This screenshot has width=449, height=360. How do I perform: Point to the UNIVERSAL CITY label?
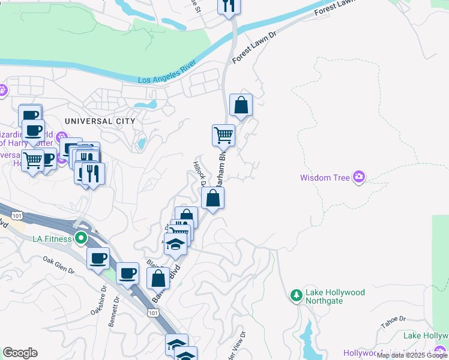pos(100,121)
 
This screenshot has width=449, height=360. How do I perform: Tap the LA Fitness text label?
pos(52,239)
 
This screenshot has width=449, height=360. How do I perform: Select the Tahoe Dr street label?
pos(393,322)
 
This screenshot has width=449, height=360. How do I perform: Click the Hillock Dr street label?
pos(199,173)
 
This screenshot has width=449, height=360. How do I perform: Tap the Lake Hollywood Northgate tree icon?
pos(296,296)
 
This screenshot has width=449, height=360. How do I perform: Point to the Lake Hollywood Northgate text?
pos(335,296)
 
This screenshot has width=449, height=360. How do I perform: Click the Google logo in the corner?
pos(20,353)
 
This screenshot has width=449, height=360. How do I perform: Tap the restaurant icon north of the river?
pos(228,6)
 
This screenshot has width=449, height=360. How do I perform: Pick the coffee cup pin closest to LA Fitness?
pos(98,259)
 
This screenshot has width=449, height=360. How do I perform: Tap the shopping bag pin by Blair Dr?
pos(158,278)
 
